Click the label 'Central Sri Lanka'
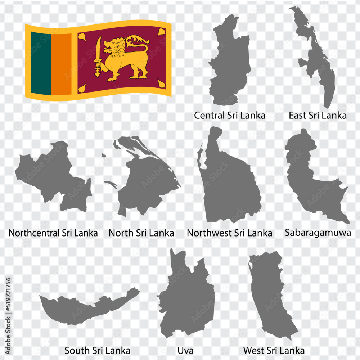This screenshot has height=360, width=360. pos(230,116)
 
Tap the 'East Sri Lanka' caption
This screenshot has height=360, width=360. pos(318,116)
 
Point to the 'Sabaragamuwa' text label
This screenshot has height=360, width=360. pos(318,233)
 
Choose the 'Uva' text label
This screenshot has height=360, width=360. pos(185,350)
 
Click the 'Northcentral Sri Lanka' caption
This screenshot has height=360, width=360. pos(53,233)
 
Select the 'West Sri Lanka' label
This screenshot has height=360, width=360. pos(274,350)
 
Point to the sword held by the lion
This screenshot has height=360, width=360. pos(98,56)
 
